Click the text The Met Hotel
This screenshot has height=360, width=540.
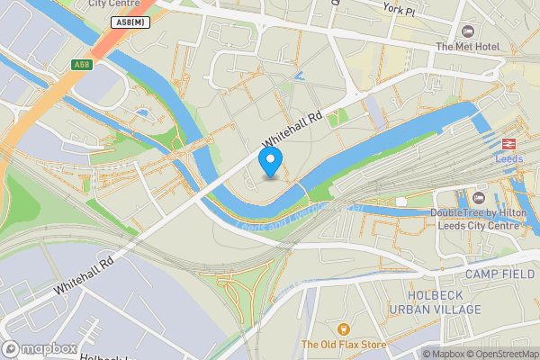(x=466, y=47)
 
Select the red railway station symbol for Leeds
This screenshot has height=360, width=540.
(x=508, y=144)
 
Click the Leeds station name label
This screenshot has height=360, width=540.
(x=508, y=159)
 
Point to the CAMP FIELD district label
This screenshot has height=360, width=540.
(x=500, y=273)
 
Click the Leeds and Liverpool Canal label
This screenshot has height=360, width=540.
(x=297, y=216)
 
